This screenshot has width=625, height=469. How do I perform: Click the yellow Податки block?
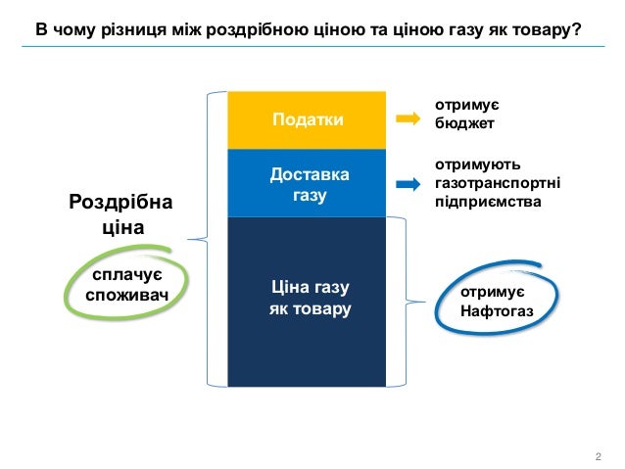point(307,119)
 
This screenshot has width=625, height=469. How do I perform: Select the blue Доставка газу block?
point(307,184)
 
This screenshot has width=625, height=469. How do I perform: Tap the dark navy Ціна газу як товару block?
point(307,300)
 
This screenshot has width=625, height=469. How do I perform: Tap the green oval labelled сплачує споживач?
point(124,283)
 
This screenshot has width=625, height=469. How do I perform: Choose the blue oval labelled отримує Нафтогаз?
point(497,302)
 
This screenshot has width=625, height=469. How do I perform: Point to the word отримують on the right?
point(470,165)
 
